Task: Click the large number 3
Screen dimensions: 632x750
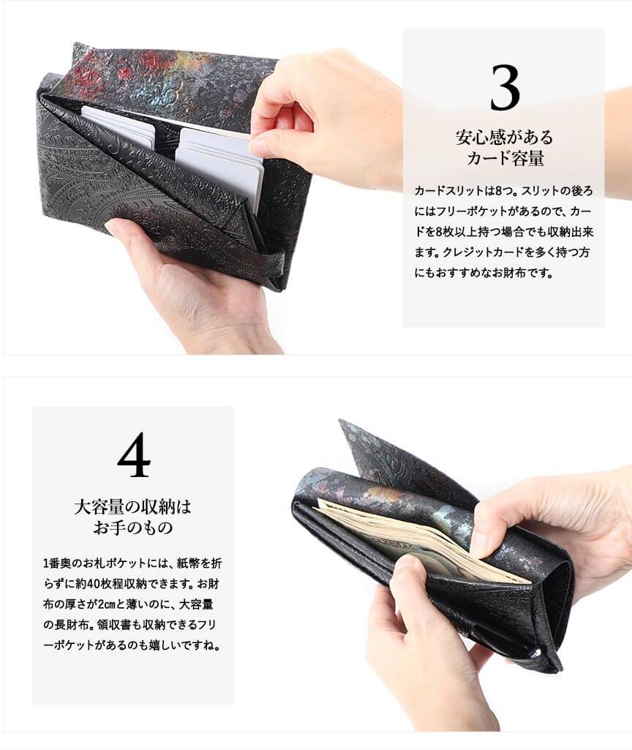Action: click(505, 88)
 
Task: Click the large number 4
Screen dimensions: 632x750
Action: click(133, 455)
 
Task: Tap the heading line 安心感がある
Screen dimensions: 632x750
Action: click(504, 138)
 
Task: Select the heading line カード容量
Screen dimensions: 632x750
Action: click(505, 158)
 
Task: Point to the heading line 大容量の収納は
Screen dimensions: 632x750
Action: click(132, 507)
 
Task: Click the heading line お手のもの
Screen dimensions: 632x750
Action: click(132, 528)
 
